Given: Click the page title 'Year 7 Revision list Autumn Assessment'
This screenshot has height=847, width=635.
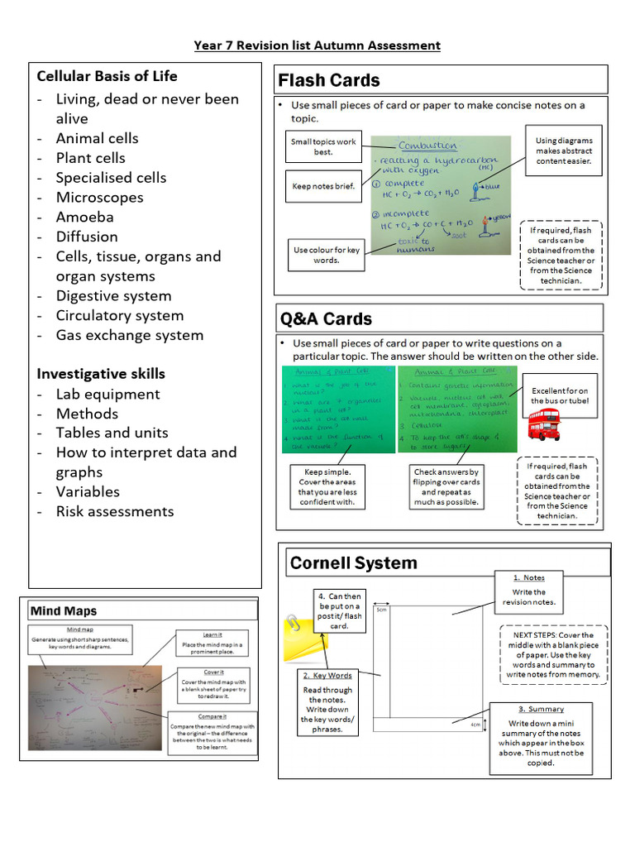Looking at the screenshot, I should coord(317,45).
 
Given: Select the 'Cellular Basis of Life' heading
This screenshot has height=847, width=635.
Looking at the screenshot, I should coord(107,76).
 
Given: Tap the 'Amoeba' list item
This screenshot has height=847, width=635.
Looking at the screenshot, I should coord(84,217).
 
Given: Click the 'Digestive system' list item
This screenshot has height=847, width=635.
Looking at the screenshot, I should coord(113,295).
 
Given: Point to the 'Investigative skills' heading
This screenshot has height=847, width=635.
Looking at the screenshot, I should coord(101,373).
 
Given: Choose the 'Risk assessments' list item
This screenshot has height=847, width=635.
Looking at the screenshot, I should coord(114,511).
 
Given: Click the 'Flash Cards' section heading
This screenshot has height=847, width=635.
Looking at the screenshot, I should coord(329,80).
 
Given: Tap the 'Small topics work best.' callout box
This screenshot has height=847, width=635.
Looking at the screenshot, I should coord(323,146).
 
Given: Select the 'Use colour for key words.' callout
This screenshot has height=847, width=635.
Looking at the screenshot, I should coord(327,254).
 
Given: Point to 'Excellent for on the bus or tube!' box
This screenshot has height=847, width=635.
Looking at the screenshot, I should coord(560,395).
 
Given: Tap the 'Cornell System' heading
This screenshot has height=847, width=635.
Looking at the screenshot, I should coord(353,563).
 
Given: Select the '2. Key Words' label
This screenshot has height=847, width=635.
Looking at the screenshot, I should coord(327,676).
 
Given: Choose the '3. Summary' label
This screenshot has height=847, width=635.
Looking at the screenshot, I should coord(541,709).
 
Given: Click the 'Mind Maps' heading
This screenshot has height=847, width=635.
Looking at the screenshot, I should coord(64,611).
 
